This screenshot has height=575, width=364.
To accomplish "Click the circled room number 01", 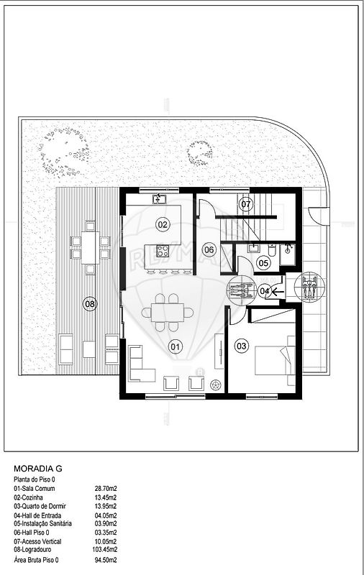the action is coord(176,346).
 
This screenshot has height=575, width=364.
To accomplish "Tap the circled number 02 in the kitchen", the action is coord(163,224).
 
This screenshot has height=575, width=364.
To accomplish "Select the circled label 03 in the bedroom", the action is coord(242,346).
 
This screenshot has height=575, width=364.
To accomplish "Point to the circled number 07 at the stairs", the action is coord(245,204).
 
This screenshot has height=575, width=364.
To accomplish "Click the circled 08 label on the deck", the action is coord(90,304).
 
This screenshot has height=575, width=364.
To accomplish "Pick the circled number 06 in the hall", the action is coord(209,250).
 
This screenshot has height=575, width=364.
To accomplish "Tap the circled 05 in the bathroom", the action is coord(263,262).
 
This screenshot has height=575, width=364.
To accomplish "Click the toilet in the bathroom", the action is coord(272,250).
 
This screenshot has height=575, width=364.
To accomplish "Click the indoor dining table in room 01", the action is coord(168,313).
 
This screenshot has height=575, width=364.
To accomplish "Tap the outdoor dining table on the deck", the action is coord(90,247).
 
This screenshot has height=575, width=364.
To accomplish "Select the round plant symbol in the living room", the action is coord(216,385).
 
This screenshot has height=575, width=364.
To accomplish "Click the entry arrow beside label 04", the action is coord(277,291).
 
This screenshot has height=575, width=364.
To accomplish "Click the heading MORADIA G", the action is coord(38,469).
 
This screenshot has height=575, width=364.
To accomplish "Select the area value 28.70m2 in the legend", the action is coord(106,489).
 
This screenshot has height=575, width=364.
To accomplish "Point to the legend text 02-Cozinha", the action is coord(28,497).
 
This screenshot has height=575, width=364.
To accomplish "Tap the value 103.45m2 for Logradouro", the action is coord(104,549).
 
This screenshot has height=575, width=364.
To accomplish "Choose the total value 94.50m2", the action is coord(106,560).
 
